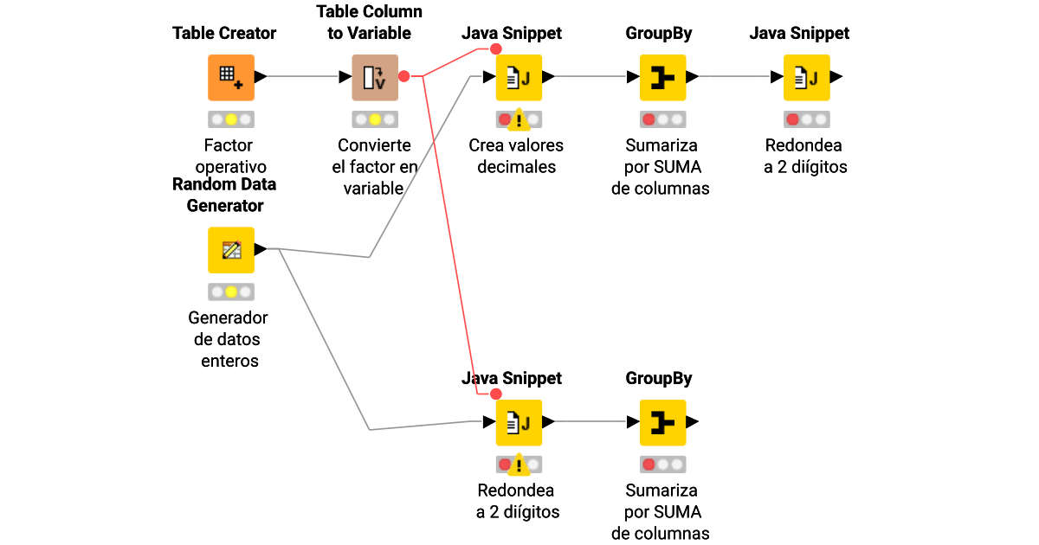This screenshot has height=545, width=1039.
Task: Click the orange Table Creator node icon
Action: [230, 77]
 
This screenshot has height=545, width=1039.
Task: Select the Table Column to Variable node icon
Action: [374, 77]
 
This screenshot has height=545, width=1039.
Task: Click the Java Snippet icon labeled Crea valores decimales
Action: [519, 77]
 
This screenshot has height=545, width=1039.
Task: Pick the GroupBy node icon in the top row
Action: [662, 77]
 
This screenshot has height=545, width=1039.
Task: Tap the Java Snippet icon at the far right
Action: [806, 77]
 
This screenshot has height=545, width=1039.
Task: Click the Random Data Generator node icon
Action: [230, 250]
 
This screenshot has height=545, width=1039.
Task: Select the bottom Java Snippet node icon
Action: [519, 422]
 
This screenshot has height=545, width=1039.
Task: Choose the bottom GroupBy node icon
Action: [662, 422]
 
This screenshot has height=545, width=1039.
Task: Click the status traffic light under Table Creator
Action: [230, 119]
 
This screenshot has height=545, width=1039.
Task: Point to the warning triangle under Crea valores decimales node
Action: [519, 119]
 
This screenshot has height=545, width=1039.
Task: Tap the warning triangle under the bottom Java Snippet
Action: [519, 465]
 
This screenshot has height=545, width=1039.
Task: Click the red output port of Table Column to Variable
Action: [404, 76]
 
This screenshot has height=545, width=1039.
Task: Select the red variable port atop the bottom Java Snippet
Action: [496, 394]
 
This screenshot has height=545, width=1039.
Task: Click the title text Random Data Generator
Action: [224, 195]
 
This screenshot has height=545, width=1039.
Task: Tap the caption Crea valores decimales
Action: [517, 156]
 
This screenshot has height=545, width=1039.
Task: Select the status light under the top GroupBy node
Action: [662, 119]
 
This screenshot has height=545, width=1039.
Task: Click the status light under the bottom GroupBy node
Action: [662, 465]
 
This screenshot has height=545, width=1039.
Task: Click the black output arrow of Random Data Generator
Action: [261, 250]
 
